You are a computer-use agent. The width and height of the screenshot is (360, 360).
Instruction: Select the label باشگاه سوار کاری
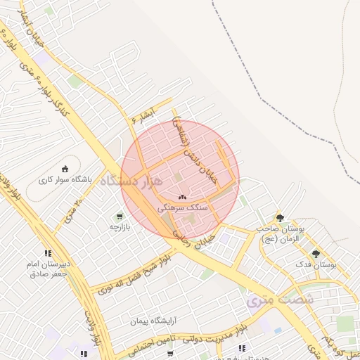[x=65, y=179]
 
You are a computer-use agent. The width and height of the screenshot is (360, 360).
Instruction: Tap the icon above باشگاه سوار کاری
[x=65, y=169]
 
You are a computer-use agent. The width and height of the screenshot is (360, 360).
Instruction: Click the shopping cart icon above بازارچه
[x=120, y=216]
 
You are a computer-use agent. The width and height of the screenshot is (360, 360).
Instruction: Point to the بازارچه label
[x=120, y=227]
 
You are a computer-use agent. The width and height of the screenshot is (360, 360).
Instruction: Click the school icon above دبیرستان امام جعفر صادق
[x=48, y=253]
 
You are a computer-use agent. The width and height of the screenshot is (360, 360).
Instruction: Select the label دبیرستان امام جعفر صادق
[x=48, y=269]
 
